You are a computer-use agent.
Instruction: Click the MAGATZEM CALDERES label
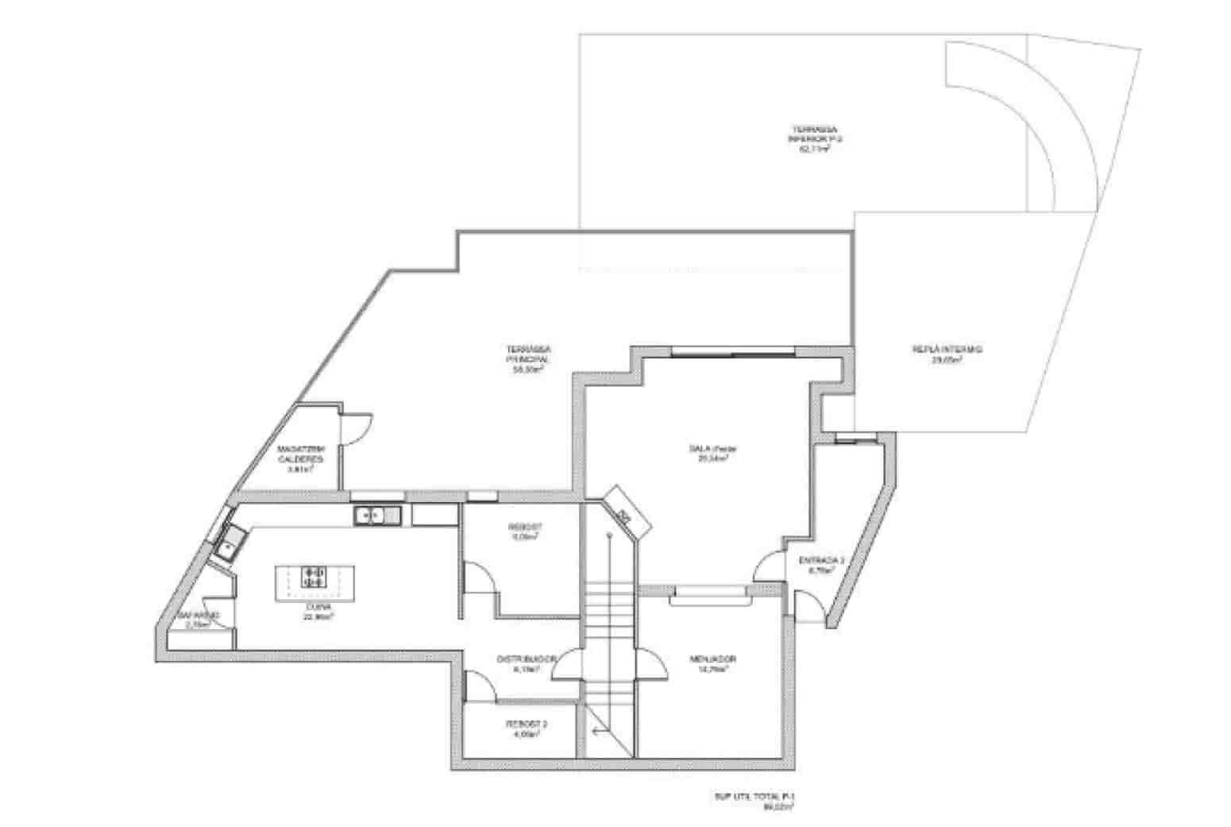pyautogui.click(x=300, y=459)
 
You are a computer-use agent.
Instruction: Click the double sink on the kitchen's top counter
pyautogui.click(x=378, y=516)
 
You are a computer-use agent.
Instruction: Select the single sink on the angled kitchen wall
pyautogui.click(x=230, y=546)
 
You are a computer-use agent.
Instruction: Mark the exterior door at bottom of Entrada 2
pyautogui.click(x=807, y=608)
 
